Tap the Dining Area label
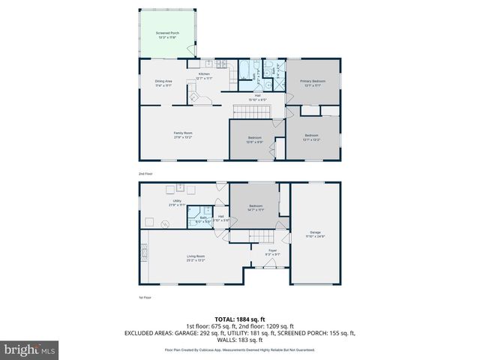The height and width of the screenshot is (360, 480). [164, 82]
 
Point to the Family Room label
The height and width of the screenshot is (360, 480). [184, 135]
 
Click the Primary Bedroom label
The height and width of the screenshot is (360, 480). [311, 82]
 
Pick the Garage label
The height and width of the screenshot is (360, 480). [315, 234]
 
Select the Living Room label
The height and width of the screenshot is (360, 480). [196, 258]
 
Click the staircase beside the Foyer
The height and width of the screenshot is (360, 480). [247, 237]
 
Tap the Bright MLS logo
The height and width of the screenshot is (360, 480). [30, 349]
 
